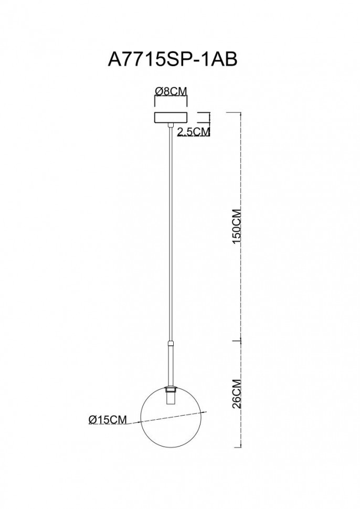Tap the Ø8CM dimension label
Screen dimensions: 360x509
[x=171, y=91]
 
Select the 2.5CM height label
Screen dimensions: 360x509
[x=194, y=132]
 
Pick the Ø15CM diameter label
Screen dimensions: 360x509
[x=108, y=419]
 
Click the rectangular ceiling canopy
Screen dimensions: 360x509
[x=171, y=117]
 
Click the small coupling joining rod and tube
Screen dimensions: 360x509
[x=171, y=343]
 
